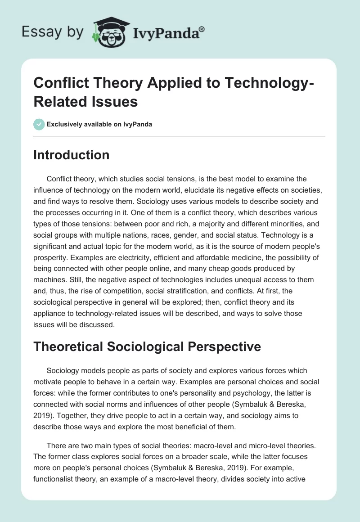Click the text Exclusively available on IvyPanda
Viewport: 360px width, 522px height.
coord(99,124)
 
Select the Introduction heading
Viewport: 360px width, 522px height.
coord(71,155)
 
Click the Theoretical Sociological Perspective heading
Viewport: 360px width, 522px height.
coord(147,346)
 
